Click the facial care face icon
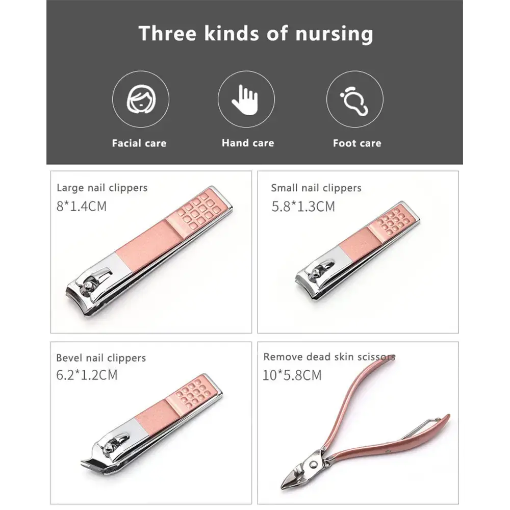point(140,99)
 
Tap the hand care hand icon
point(246,99)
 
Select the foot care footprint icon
point(354,99)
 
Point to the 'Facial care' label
point(139,143)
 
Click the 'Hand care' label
point(248,143)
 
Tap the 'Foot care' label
point(357,143)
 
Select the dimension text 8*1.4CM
point(82,207)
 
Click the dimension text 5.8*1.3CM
point(303,207)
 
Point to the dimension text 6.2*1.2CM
point(87,375)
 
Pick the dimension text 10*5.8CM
point(292,375)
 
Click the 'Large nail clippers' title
point(102,188)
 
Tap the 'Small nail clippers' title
point(316,188)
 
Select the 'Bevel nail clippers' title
point(101,358)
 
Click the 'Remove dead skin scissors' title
point(329,357)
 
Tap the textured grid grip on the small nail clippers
point(390,223)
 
